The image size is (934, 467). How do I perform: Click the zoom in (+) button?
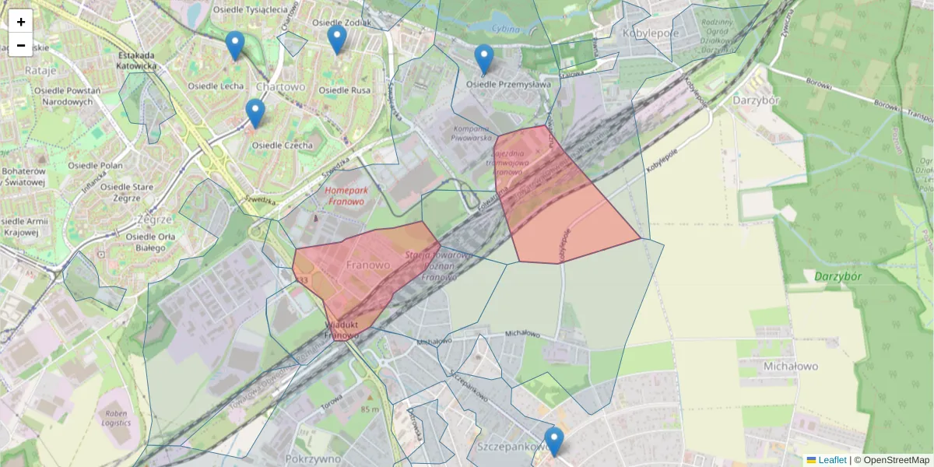[21, 22]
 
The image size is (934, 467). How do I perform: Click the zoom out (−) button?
[21, 45]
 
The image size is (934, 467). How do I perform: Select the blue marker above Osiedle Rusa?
[336, 40]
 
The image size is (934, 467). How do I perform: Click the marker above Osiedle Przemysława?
[484, 59]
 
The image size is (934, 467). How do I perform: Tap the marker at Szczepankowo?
[553, 441]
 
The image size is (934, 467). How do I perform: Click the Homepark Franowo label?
[346, 195]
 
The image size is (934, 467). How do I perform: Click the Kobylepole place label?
[651, 33]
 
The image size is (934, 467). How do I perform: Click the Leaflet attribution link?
[831, 460]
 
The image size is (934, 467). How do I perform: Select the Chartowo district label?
[280, 86]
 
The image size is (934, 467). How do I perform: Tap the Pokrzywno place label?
[314, 459]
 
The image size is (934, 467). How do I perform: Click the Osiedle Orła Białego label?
[146, 242]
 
